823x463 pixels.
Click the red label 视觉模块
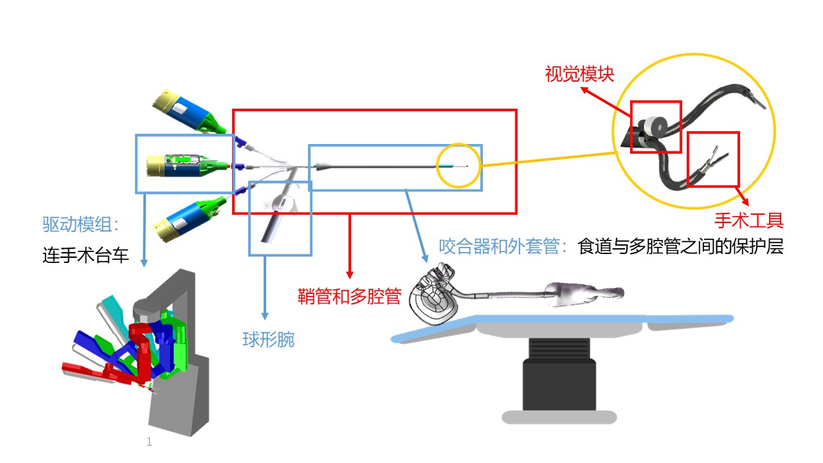tap(579, 74)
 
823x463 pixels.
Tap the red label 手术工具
tap(749, 221)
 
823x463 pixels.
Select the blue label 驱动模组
tap(80, 224)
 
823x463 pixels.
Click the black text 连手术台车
tap(86, 256)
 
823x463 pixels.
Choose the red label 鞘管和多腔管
tap(350, 296)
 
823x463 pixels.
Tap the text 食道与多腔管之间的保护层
tap(681, 246)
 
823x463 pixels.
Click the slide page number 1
tap(149, 442)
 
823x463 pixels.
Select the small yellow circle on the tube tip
tap(458, 167)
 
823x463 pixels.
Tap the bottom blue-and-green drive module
tap(190, 219)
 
